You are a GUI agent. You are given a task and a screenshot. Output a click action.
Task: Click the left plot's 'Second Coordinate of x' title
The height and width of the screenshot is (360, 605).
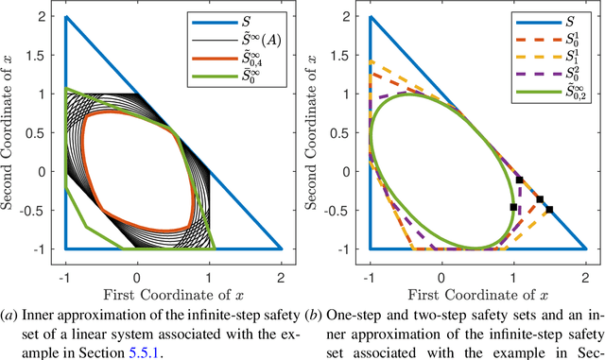(13, 131)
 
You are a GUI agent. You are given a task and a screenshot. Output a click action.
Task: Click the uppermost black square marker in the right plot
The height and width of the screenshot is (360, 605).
(519, 180)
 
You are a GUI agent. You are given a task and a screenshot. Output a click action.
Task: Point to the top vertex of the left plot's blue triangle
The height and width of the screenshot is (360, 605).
(65, 17)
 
